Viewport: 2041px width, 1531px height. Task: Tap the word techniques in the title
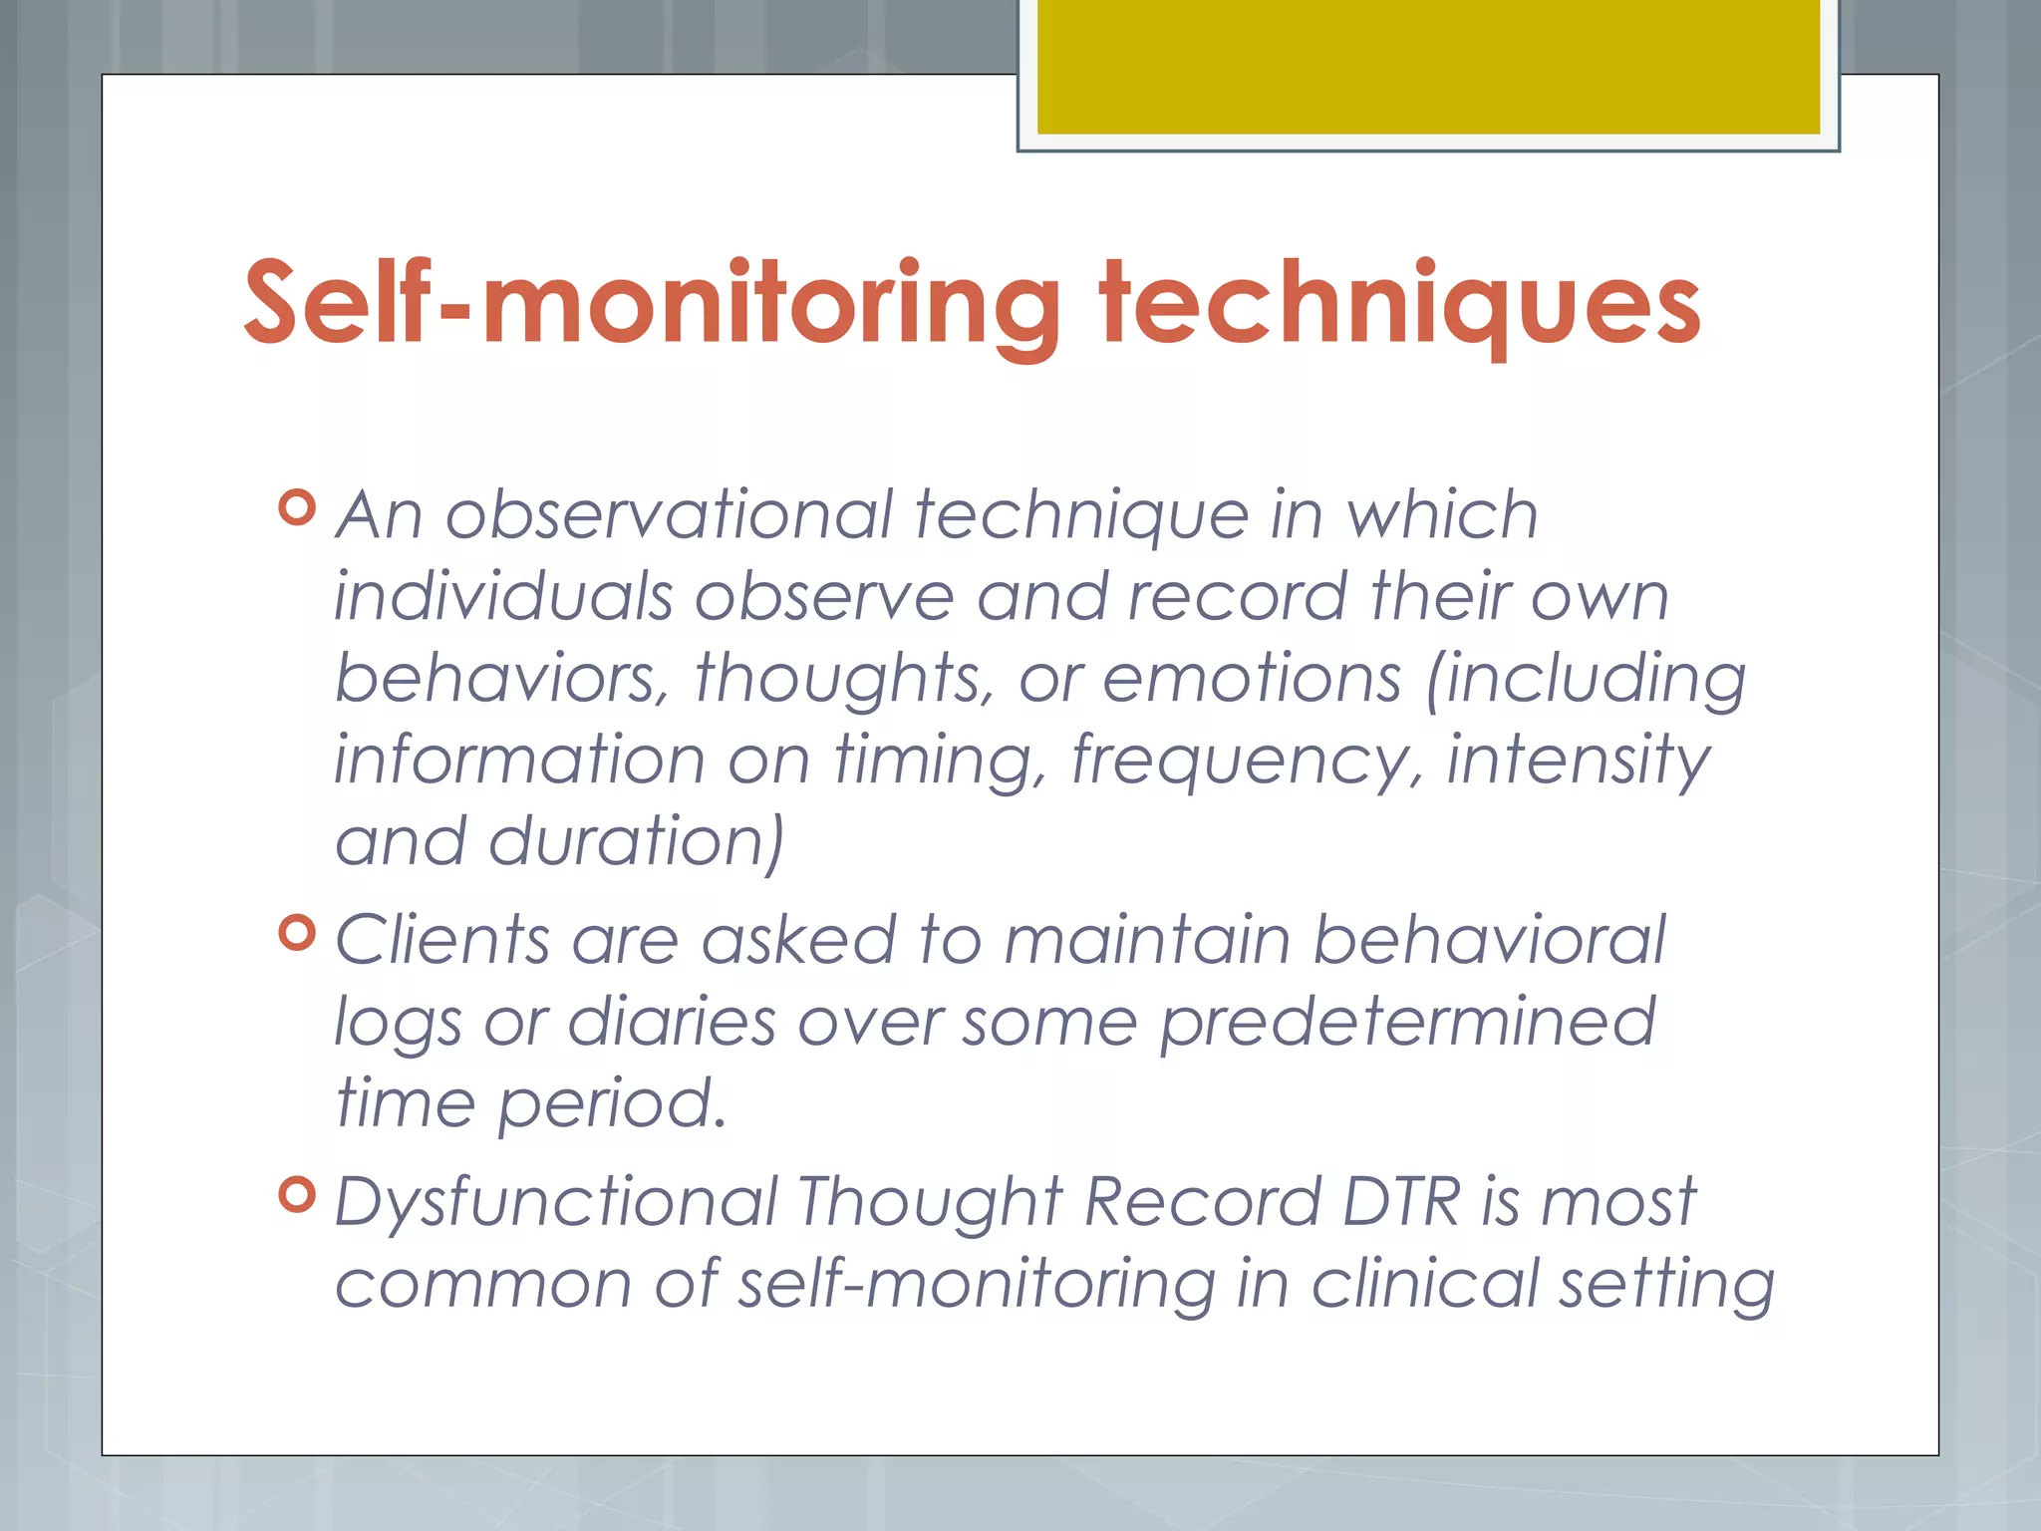pos(1399,303)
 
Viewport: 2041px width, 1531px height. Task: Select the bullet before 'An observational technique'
pos(298,507)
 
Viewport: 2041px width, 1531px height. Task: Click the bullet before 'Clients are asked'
pos(298,933)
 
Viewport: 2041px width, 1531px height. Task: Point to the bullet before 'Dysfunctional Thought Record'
pos(298,1193)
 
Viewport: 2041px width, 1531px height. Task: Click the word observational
pos(669,515)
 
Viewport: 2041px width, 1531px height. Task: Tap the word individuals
pos(503,597)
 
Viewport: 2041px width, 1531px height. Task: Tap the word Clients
pos(442,940)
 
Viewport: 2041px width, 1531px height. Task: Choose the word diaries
pos(671,1023)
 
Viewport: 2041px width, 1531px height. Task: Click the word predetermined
pos(1407,1023)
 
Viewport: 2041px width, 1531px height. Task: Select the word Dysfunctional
pos(556,1201)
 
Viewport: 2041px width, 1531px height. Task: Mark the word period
pos(611,1104)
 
